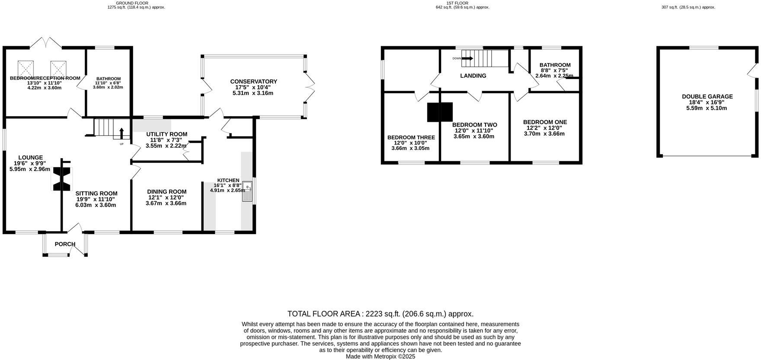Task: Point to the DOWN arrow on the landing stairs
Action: point(468,58)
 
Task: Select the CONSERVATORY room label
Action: point(253,81)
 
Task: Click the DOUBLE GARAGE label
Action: point(707,96)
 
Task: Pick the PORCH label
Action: point(65,244)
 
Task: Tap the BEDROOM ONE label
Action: point(544,122)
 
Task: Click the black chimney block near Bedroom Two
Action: point(440,112)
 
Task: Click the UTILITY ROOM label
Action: point(166,134)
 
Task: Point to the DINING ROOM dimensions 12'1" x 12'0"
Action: point(166,198)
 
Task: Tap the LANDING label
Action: point(473,76)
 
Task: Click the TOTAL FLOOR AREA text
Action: point(380,314)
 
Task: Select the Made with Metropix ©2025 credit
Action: point(380,357)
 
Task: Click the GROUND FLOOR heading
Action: point(132,3)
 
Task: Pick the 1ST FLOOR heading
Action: point(457,3)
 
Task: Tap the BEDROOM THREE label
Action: point(411,137)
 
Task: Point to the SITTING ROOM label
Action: point(96,193)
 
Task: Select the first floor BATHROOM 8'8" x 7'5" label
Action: point(555,65)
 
